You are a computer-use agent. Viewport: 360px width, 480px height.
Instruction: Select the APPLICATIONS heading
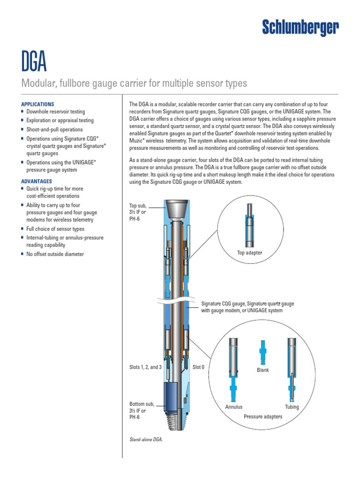click(37, 104)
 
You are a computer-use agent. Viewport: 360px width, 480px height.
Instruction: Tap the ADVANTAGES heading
click(37, 181)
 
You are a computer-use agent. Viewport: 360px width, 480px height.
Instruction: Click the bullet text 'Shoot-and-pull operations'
click(54, 129)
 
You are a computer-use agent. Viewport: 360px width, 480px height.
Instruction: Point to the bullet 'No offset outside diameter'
click(55, 254)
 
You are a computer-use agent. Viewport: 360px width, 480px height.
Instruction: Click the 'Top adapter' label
click(250, 253)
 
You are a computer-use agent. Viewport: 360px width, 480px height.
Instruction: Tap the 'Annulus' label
click(234, 407)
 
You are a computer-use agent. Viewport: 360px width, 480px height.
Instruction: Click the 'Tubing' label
click(292, 407)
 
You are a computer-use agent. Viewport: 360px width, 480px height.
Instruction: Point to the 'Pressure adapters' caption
click(263, 416)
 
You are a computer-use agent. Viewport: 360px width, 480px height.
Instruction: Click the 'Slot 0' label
click(199, 367)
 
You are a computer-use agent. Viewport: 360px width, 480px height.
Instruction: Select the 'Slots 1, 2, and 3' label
click(145, 367)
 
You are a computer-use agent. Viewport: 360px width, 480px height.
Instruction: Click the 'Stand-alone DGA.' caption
click(145, 440)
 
